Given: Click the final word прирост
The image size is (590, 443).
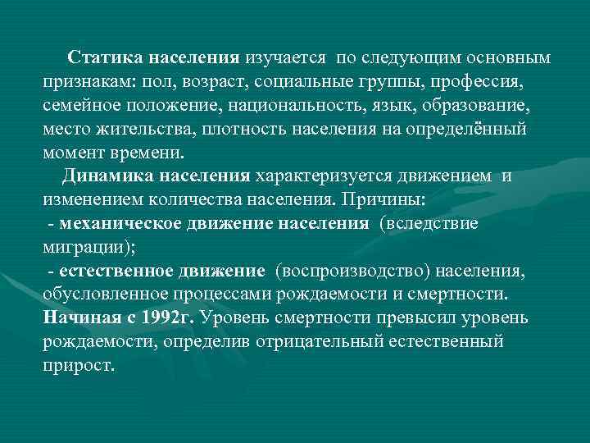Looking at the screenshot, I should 78,366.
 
